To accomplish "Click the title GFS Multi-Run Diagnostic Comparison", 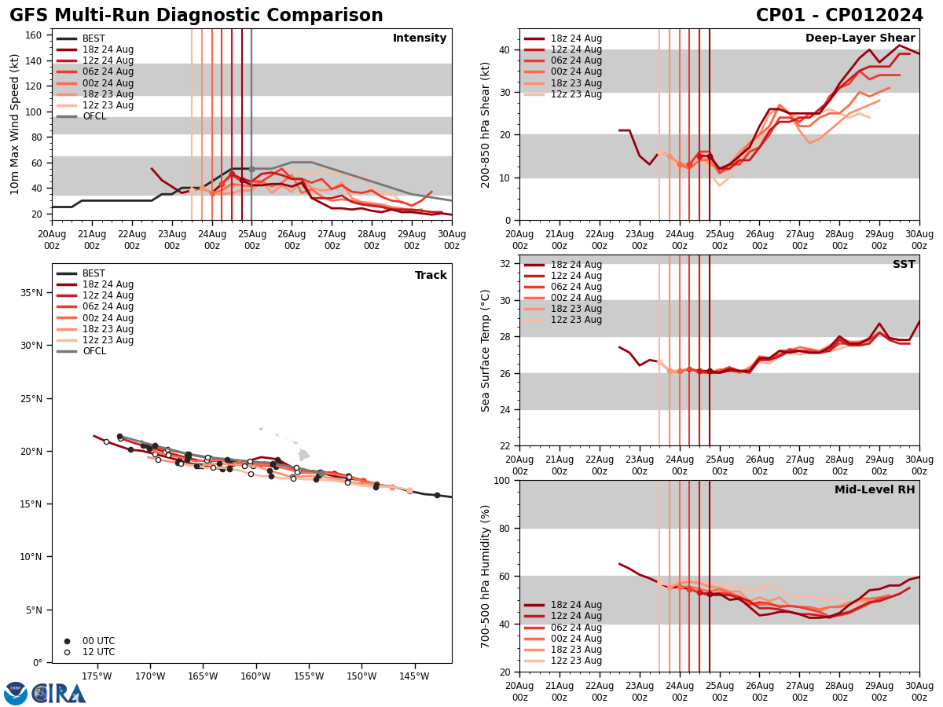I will point(196,16).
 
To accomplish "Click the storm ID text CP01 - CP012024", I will point(839,16).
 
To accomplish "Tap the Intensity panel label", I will point(420,38).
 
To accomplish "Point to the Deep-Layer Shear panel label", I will point(860,38).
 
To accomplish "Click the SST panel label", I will point(903,265).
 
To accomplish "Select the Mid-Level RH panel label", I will point(875,490).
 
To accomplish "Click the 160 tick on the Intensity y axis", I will point(35,35).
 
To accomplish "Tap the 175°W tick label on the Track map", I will point(96,676).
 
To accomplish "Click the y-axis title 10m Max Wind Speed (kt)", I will point(15,124).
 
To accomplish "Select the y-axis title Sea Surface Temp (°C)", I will point(486,350).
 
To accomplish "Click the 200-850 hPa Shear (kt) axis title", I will point(486,124).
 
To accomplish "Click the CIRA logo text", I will point(59,694).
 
